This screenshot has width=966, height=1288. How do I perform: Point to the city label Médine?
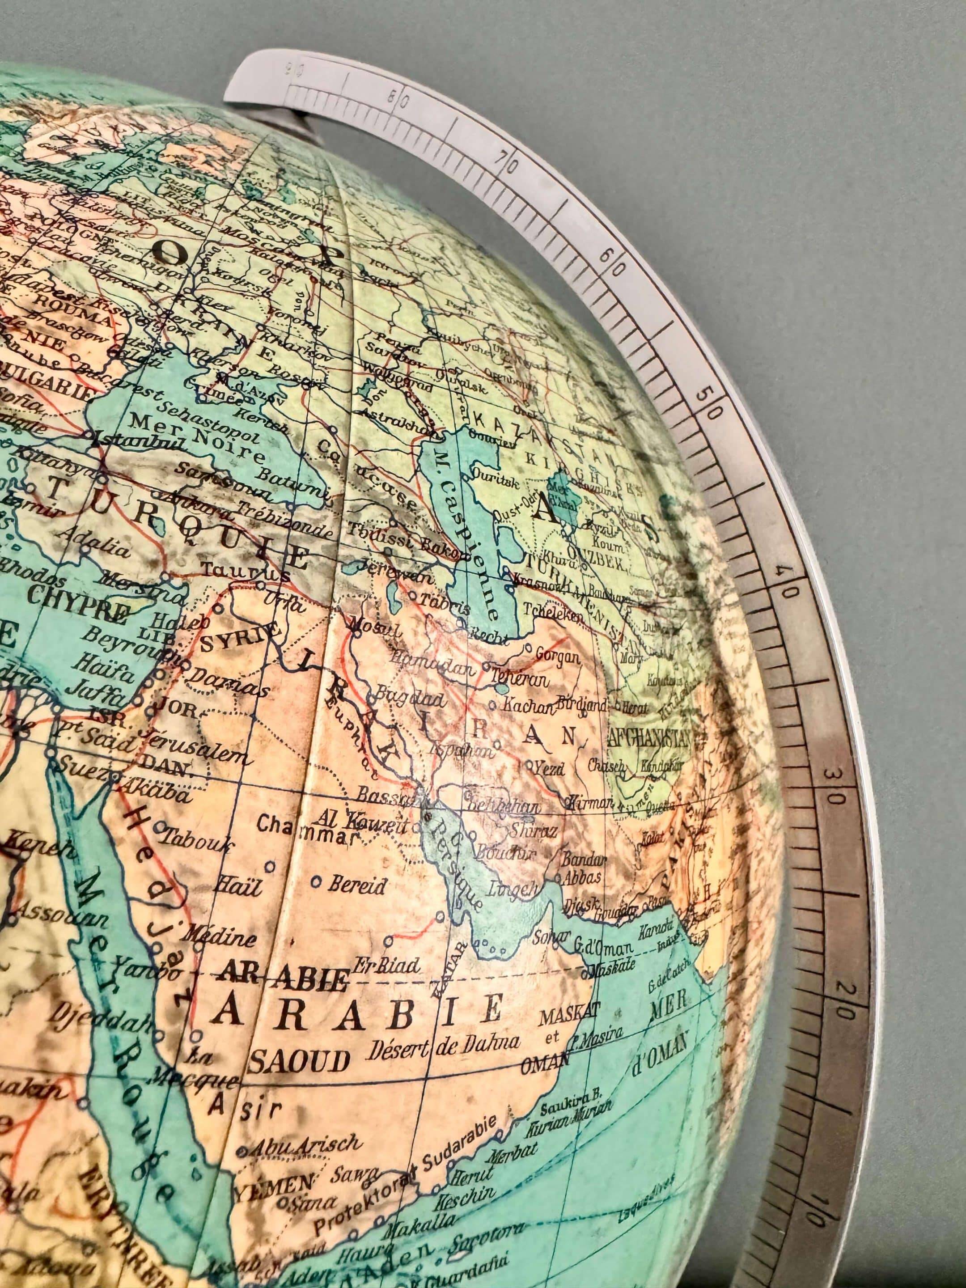coord(220,936)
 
